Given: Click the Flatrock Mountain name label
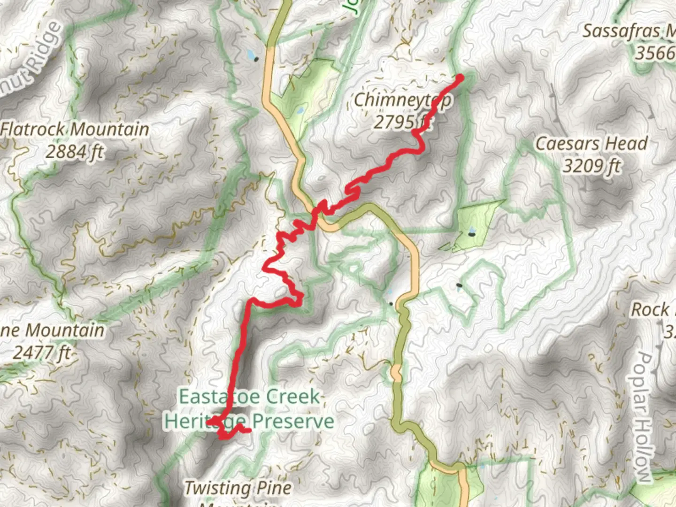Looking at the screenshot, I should [x=75, y=129].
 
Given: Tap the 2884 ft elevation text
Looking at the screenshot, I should [x=74, y=152].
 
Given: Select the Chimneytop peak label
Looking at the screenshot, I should [x=403, y=100].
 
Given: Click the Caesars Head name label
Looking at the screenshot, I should [x=591, y=144].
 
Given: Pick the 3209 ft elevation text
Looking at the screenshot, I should [x=591, y=166].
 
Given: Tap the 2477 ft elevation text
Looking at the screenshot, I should [x=41, y=352].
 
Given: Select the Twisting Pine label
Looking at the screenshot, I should [x=238, y=488].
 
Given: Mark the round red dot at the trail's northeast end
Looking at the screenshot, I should [x=460, y=78].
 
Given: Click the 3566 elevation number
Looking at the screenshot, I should [x=655, y=53].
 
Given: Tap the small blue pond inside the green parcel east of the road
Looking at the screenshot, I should [x=472, y=232].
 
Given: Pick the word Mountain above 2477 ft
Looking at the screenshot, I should [x=64, y=330].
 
